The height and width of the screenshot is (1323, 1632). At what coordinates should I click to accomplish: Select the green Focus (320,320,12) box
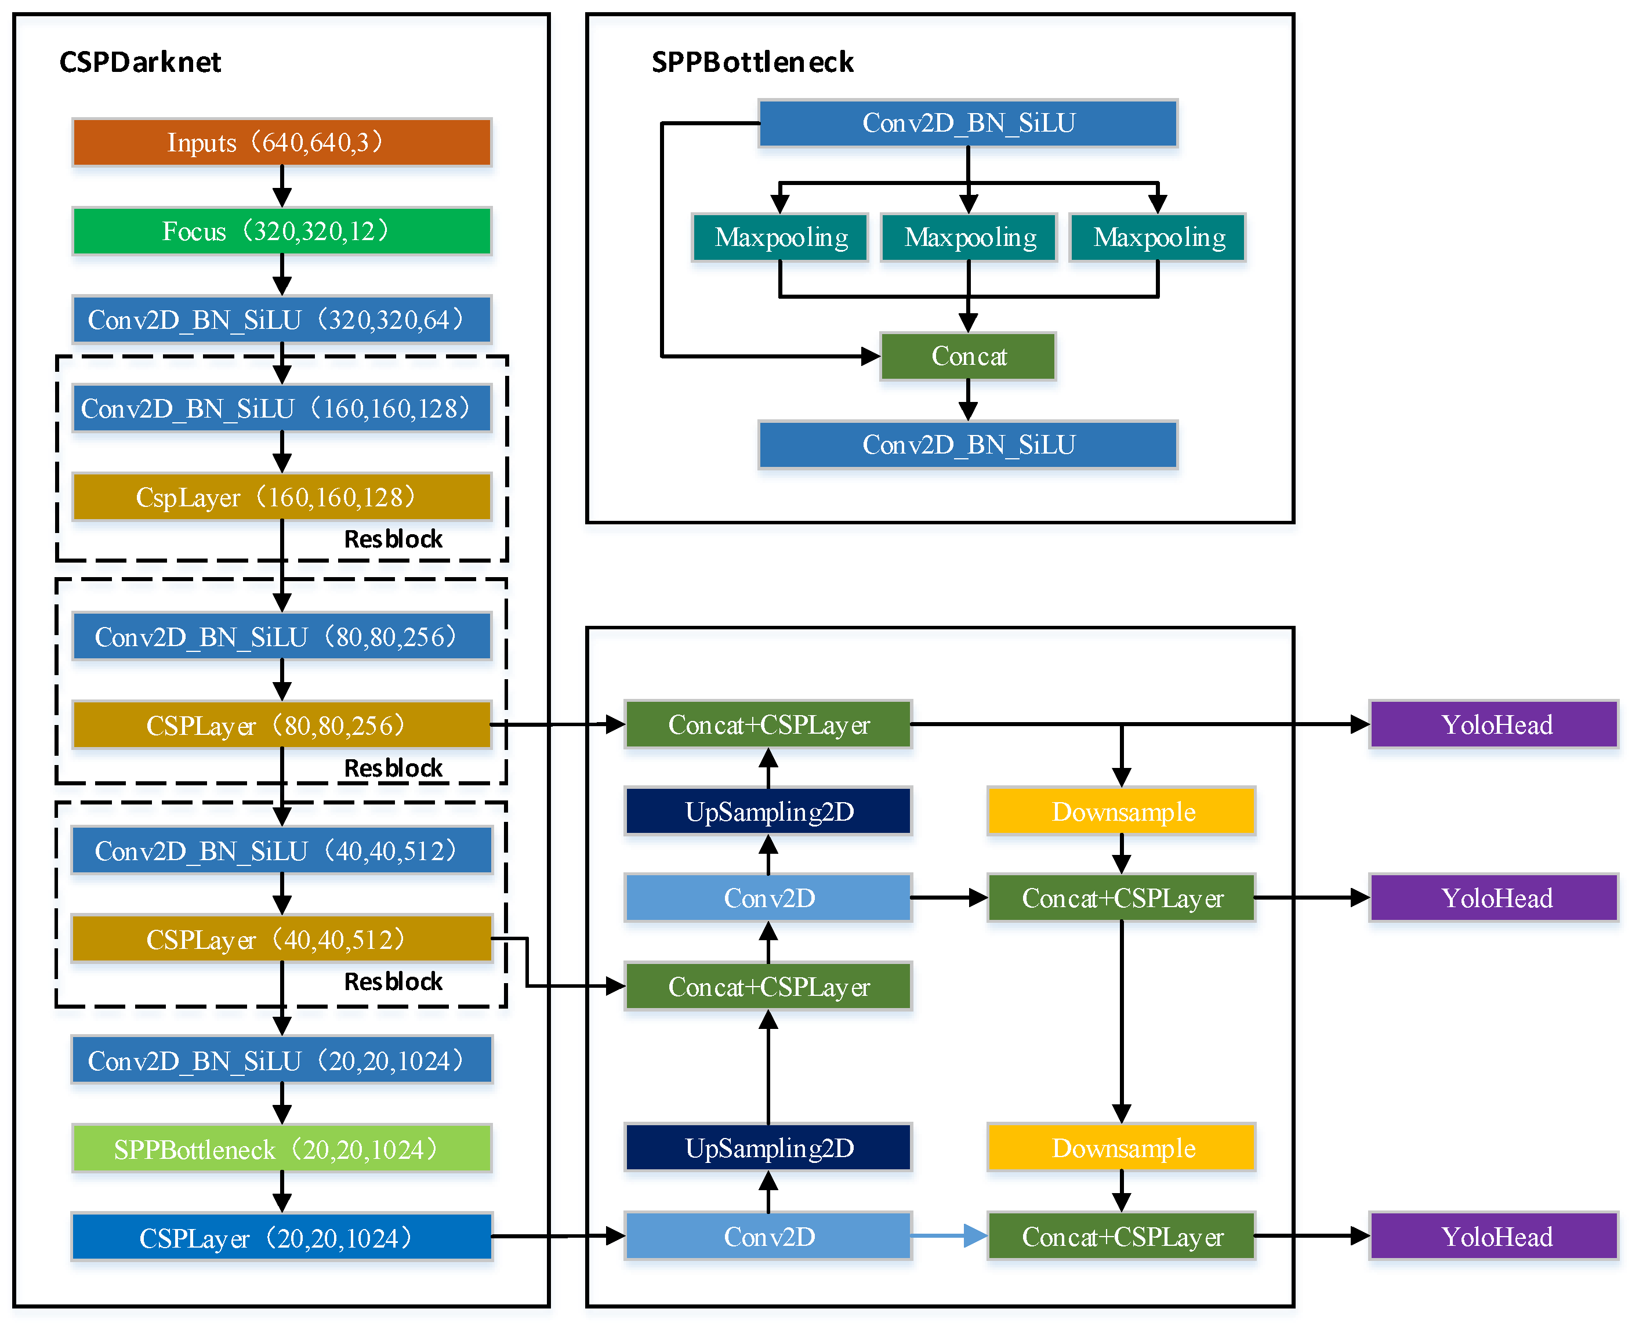[281, 231]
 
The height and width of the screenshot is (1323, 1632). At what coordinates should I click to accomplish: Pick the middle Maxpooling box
[969, 238]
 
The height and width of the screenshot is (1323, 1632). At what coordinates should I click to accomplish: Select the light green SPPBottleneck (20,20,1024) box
[281, 1148]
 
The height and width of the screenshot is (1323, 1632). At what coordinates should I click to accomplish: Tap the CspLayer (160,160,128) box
[281, 497]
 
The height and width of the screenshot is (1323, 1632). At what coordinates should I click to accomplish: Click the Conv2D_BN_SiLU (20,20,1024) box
[281, 1060]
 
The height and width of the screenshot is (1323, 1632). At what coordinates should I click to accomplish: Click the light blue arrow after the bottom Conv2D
[949, 1235]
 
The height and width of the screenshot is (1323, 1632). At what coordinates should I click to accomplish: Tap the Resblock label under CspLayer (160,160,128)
[393, 539]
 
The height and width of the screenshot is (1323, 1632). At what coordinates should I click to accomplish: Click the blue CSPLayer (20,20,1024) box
[281, 1237]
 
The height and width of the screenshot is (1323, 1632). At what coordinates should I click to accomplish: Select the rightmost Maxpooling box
[1158, 238]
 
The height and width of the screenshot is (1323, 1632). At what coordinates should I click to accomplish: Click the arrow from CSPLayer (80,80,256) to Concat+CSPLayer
[557, 725]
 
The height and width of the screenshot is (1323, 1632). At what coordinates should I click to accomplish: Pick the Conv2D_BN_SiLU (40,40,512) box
[281, 850]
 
